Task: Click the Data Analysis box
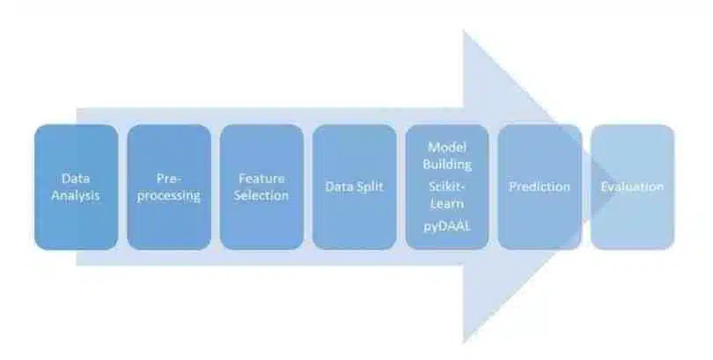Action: click(76, 187)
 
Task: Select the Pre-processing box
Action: click(169, 187)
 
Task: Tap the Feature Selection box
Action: click(261, 187)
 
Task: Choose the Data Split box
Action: click(354, 187)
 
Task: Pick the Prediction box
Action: click(540, 187)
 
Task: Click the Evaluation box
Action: click(633, 187)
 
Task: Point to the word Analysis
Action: click(76, 196)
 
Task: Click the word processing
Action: click(169, 196)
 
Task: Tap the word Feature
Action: click(261, 178)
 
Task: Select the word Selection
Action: click(261, 195)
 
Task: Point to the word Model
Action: click(447, 147)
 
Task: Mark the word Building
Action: click(447, 164)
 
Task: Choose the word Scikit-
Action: click(447, 187)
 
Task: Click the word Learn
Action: click(447, 203)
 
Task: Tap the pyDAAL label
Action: click(447, 226)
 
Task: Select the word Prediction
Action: click(540, 187)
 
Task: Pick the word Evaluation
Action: click(632, 187)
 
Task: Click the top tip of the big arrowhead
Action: click(463, 30)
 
